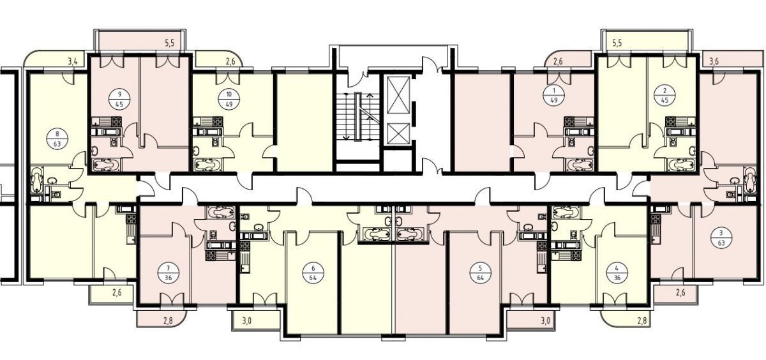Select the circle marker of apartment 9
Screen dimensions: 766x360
pos(119,99)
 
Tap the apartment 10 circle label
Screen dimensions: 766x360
pos(229,99)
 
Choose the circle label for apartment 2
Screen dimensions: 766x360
pos(665,95)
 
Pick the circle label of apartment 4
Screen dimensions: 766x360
pos(617,273)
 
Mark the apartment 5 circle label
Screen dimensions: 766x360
pos(481,273)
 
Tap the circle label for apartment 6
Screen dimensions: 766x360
pos(313,273)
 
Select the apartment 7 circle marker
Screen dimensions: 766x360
pos(168,273)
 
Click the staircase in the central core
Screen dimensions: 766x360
pos(357,117)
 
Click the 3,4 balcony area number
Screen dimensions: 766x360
pos(73,62)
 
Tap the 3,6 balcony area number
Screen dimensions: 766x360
pos(714,62)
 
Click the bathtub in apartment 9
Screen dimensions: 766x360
pos(107,165)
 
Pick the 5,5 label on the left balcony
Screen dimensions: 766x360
pos(170,43)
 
